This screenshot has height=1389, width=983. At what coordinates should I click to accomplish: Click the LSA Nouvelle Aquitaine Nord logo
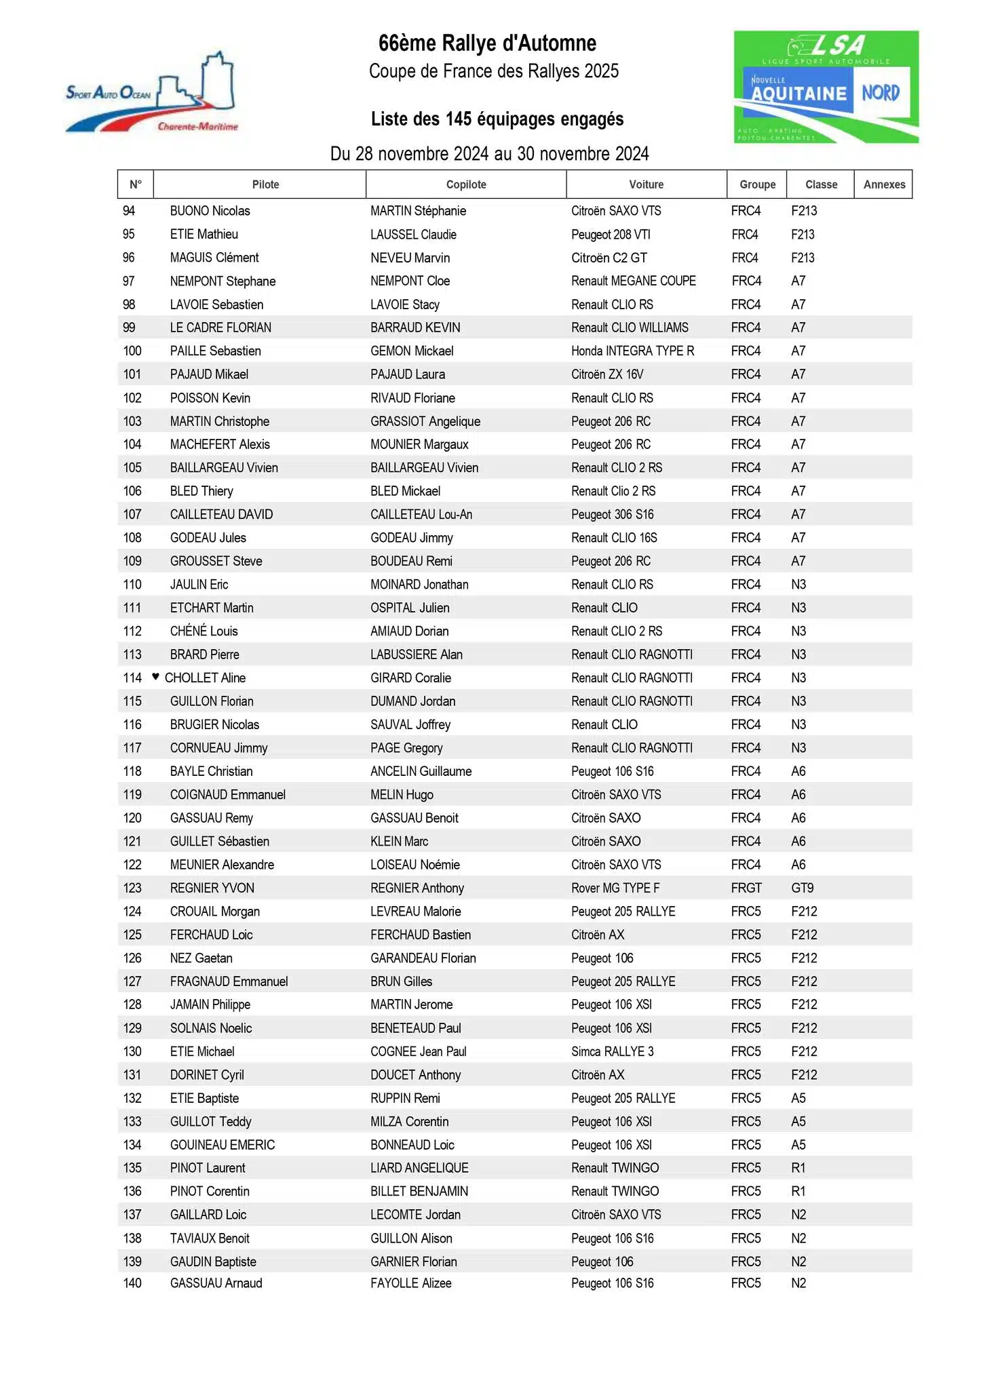pos(826,87)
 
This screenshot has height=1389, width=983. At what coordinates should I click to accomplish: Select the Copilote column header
pos(466,184)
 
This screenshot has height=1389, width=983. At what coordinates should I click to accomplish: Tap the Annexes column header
pos(883,184)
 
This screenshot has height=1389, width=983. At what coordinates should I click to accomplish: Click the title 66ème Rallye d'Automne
pos(487,44)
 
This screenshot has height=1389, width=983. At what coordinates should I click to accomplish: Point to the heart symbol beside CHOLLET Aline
pos(155,676)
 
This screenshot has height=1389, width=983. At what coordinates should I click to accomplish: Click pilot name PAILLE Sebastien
pos(215,351)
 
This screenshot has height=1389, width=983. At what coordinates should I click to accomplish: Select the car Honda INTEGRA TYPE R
pos(632,351)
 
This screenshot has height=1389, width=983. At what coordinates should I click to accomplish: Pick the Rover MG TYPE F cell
pos(615,888)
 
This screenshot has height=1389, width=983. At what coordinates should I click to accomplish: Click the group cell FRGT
pos(746,888)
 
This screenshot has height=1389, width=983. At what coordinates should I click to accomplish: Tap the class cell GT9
pos(802,888)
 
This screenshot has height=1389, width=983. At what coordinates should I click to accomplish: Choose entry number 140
pos(132,1283)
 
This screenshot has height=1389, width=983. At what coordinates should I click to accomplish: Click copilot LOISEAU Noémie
pos(415,865)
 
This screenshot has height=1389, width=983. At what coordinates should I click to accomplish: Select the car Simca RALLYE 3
pos(612,1051)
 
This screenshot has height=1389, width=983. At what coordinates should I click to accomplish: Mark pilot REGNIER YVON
pos(212,888)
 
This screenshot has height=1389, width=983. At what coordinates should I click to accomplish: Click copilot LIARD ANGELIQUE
pos(419,1168)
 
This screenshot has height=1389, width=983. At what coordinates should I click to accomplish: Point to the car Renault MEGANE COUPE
pos(633,281)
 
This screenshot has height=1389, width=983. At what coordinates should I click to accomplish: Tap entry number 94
pos(129,211)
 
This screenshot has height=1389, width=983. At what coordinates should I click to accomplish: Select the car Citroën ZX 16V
pos(607,374)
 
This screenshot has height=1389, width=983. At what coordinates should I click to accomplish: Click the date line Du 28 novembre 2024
pos(489,154)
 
